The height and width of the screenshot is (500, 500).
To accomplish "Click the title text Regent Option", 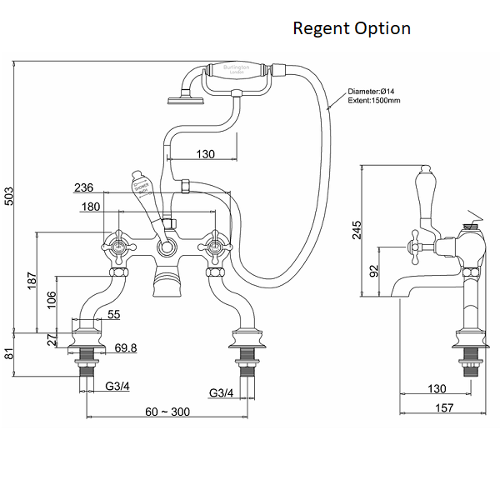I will pos(351,28).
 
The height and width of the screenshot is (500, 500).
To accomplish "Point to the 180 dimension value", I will pos(94,207).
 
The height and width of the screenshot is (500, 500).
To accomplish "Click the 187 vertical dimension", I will pos(30,282).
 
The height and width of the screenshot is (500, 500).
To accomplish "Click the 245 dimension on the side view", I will pos(357,231).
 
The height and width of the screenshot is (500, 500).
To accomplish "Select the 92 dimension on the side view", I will pos(374,271).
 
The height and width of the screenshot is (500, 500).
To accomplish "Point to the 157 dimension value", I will pos(444,407).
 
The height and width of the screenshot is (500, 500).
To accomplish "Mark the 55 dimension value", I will pos(113,314).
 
